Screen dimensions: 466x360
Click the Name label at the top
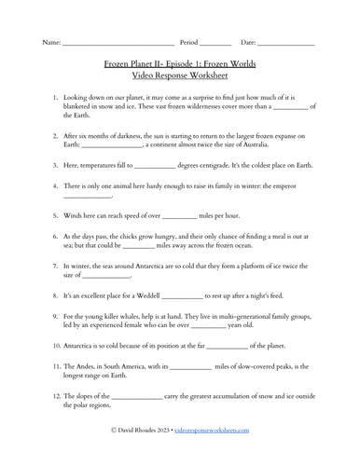(51, 43)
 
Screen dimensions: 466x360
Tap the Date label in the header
(248, 43)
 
